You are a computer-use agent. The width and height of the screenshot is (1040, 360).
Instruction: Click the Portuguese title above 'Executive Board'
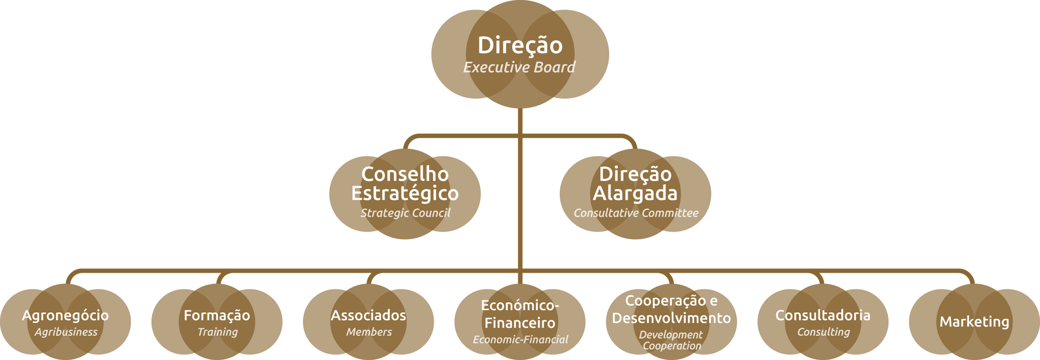coord(520,45)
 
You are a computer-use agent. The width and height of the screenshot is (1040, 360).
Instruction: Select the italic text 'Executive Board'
coord(519,67)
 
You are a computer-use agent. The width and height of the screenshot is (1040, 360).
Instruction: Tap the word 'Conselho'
coord(405,174)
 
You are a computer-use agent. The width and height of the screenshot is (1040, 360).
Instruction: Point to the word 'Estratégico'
coord(405,194)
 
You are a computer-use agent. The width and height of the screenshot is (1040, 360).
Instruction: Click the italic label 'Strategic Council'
coord(405,213)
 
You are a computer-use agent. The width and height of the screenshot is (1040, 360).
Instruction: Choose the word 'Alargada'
coord(635,194)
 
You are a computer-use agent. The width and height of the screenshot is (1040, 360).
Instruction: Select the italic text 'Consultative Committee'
coord(635,213)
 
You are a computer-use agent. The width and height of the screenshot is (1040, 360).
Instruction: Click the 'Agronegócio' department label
coord(65,315)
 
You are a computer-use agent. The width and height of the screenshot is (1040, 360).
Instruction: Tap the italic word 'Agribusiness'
coord(66,332)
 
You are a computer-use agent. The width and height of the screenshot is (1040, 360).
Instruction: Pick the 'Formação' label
coord(217,315)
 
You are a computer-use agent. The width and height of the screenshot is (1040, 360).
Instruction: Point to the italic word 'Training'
coord(217,332)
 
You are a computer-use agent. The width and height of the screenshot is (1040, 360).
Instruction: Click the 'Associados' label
coord(368,315)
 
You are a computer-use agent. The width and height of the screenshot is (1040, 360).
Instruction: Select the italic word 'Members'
coord(369,332)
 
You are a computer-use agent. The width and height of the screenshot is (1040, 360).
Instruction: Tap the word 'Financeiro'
coord(519,323)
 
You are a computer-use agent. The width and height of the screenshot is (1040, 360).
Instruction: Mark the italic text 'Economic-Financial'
coord(520,340)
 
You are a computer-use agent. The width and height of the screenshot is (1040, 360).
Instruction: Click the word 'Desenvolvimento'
coord(671,318)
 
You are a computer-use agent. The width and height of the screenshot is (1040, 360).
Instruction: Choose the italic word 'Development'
coord(671,335)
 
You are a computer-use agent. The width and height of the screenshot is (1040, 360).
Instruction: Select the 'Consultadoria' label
coord(823,315)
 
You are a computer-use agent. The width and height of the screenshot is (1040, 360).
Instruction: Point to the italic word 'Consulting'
coord(823,332)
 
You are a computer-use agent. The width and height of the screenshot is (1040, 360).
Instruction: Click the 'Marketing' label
coord(974,322)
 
